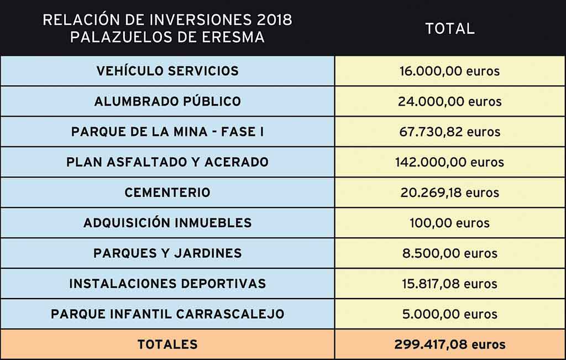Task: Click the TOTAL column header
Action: tap(449, 29)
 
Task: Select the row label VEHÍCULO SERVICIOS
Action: tap(167, 71)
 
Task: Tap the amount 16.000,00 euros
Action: tap(449, 71)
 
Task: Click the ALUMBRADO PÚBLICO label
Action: tap(167, 102)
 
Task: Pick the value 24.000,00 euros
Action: tap(449, 102)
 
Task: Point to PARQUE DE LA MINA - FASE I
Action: tap(167, 132)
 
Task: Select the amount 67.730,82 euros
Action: tap(449, 132)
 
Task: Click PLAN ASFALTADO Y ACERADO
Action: tap(167, 163)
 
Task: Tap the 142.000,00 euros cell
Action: tap(449, 163)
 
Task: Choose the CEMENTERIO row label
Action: tap(167, 193)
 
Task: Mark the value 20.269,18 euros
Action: tap(449, 193)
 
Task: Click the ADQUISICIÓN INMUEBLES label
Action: tap(167, 223)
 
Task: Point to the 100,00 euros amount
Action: tap(449, 223)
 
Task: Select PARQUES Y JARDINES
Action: tap(167, 253)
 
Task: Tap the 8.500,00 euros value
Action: tap(449, 254)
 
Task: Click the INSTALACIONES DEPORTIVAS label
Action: tap(167, 284)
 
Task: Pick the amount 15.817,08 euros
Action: tap(449, 284)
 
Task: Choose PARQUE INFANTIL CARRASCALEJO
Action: tap(167, 314)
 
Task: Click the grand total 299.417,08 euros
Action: tap(449, 345)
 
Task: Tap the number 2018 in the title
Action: tap(274, 20)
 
